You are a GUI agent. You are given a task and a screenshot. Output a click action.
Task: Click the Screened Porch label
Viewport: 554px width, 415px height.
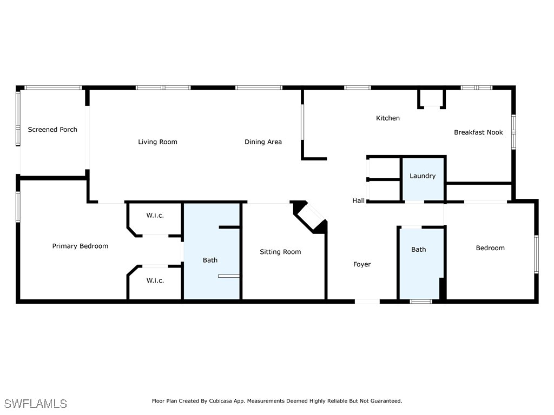52,130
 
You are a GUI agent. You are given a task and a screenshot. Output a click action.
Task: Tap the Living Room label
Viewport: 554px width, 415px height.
157,142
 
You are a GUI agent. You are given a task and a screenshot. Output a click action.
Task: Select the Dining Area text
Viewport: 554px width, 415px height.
263,142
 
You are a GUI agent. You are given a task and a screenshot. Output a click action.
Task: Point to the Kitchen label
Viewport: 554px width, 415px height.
387,118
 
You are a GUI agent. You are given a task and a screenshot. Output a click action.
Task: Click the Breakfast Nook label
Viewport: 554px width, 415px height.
478,132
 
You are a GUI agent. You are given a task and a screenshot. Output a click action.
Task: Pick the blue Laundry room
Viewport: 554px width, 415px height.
423,179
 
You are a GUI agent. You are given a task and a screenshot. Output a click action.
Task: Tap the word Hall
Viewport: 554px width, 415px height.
358,200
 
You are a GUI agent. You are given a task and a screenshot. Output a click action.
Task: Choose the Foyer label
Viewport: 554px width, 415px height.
362,264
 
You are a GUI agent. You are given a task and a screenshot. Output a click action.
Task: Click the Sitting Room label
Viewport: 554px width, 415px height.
280,252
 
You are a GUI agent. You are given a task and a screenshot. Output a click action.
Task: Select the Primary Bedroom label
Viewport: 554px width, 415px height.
80,246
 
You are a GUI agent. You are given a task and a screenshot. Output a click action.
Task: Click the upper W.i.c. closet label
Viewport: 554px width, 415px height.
155,215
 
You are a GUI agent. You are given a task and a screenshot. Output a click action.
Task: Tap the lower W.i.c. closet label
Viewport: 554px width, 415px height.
155,280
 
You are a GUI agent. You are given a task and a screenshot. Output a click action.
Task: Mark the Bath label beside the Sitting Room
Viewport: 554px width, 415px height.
210,260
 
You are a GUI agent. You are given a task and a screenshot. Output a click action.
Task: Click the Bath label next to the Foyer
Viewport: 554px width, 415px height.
419,250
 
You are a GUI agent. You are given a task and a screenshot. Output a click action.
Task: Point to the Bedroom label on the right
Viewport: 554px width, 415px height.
490,247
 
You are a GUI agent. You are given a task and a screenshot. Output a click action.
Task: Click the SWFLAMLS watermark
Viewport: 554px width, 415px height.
35,404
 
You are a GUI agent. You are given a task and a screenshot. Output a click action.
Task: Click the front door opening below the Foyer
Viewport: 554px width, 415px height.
367,302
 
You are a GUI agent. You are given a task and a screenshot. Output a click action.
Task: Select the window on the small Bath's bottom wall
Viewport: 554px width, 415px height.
421,302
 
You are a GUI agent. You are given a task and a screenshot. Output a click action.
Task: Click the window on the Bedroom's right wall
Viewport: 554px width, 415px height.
536,254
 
